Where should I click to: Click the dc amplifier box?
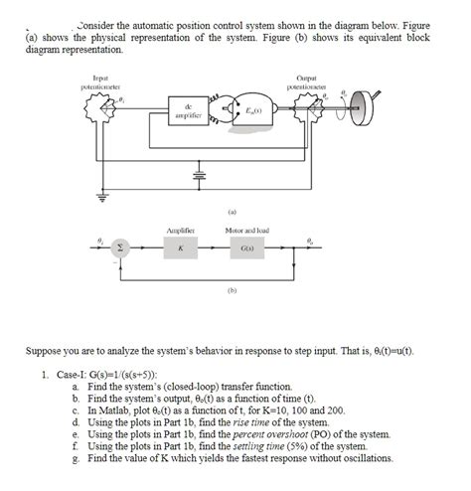(189, 112)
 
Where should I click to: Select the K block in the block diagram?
(180, 250)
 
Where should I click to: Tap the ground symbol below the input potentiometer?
(100, 195)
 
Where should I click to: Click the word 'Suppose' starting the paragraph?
(52, 353)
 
